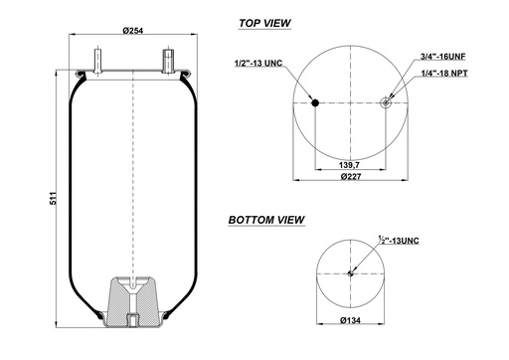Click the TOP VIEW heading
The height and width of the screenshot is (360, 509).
tap(263, 22)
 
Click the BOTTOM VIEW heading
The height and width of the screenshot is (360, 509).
tap(266, 220)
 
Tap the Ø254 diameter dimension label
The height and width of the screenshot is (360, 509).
tap(133, 31)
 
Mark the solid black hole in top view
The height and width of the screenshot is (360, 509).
tap(315, 101)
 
